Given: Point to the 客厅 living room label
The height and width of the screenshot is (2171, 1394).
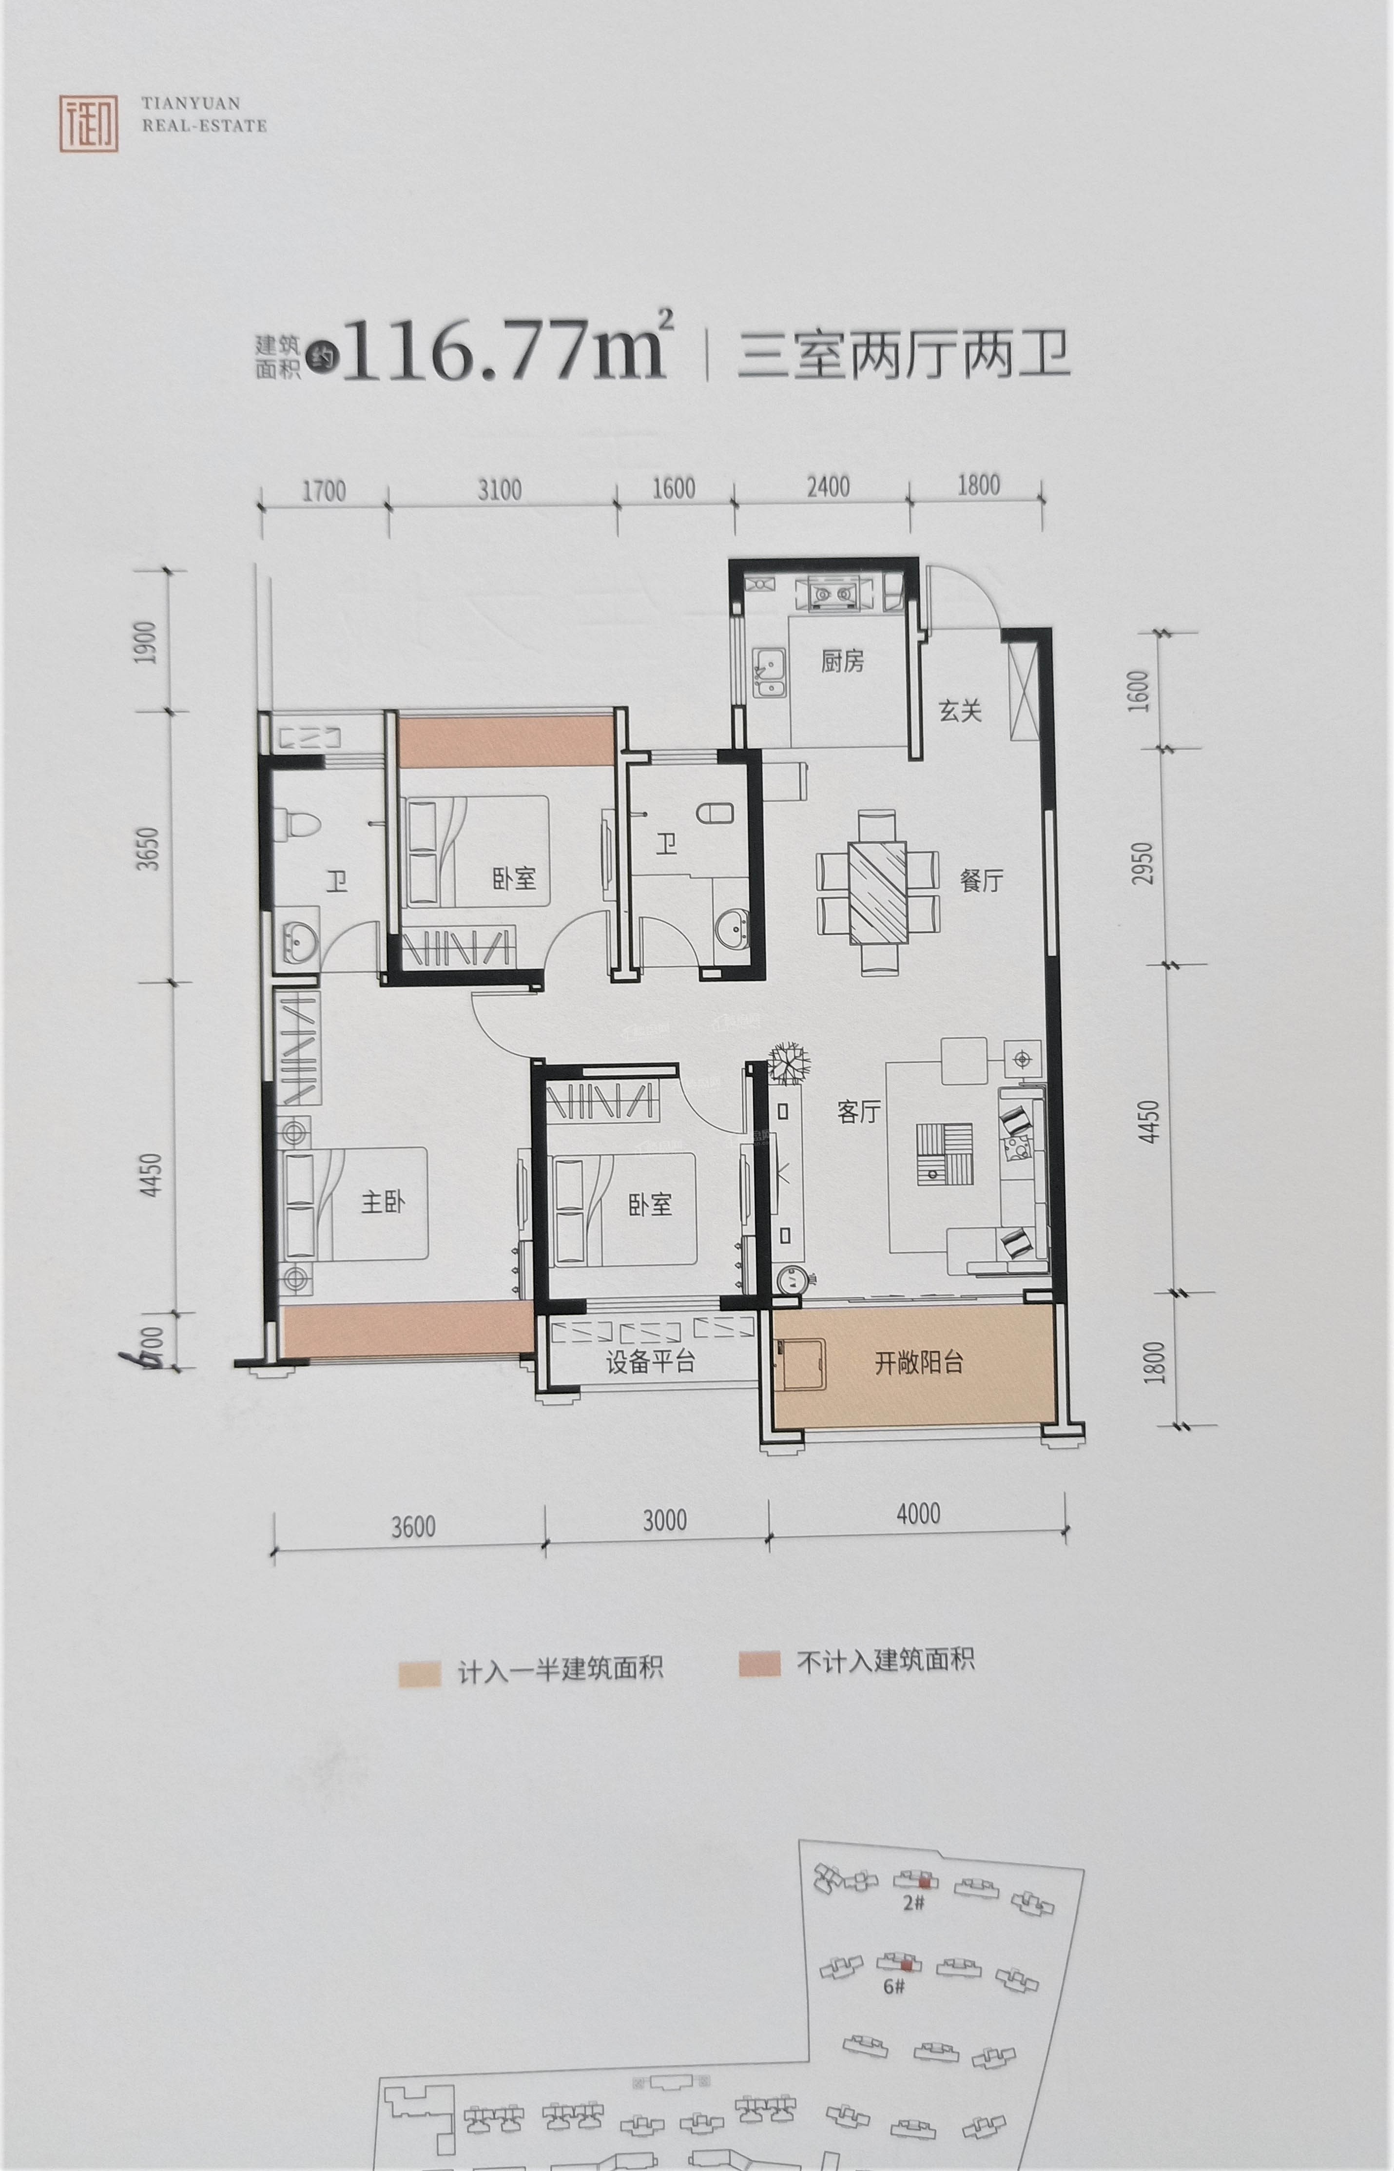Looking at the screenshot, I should tap(859, 1112).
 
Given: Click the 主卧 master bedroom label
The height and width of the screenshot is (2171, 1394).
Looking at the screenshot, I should tap(383, 1202).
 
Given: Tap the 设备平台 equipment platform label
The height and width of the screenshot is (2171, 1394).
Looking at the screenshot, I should tap(650, 1363).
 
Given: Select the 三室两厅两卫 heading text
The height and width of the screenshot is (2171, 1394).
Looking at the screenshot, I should tap(903, 355).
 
